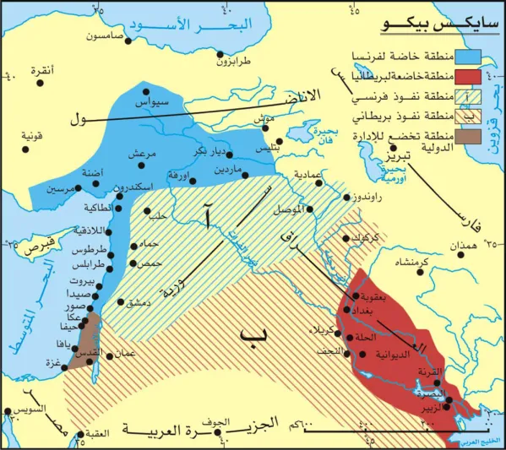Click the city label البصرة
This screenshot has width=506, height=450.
click(431, 393)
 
